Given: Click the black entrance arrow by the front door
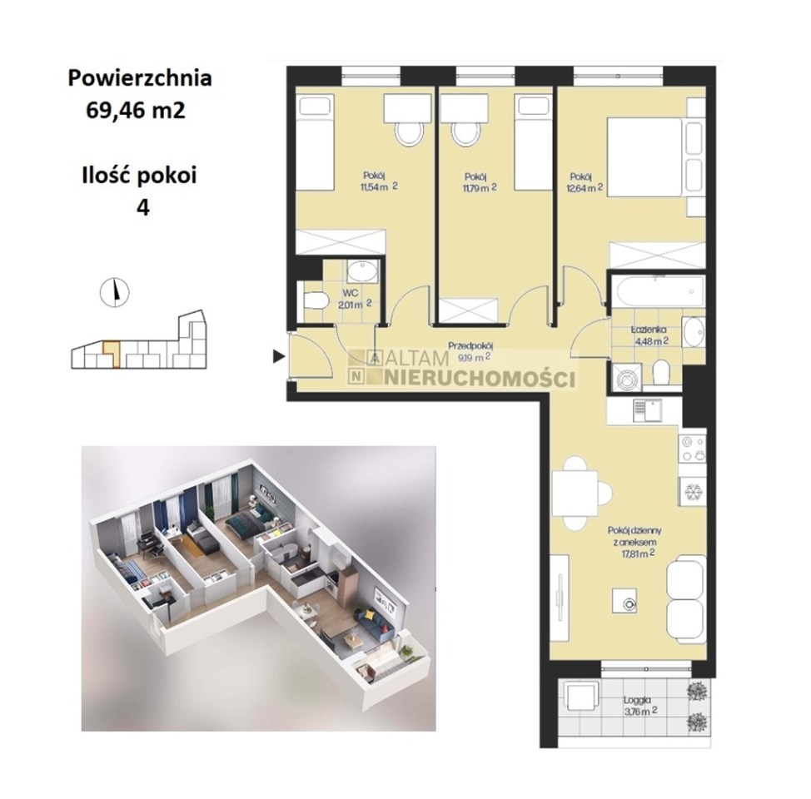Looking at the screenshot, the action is click(x=279, y=355).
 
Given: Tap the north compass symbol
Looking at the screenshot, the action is click(x=114, y=291).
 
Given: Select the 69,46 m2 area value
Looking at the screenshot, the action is click(x=136, y=110).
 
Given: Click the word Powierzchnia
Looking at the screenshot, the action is click(x=140, y=78).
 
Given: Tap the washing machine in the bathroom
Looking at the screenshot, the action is click(x=626, y=377).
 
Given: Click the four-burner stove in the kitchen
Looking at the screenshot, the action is click(x=692, y=449).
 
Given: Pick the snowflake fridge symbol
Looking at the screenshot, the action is click(x=692, y=491).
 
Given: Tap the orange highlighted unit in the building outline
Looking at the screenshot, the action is click(x=112, y=353).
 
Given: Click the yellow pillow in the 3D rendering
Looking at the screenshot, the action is click(x=370, y=614).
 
